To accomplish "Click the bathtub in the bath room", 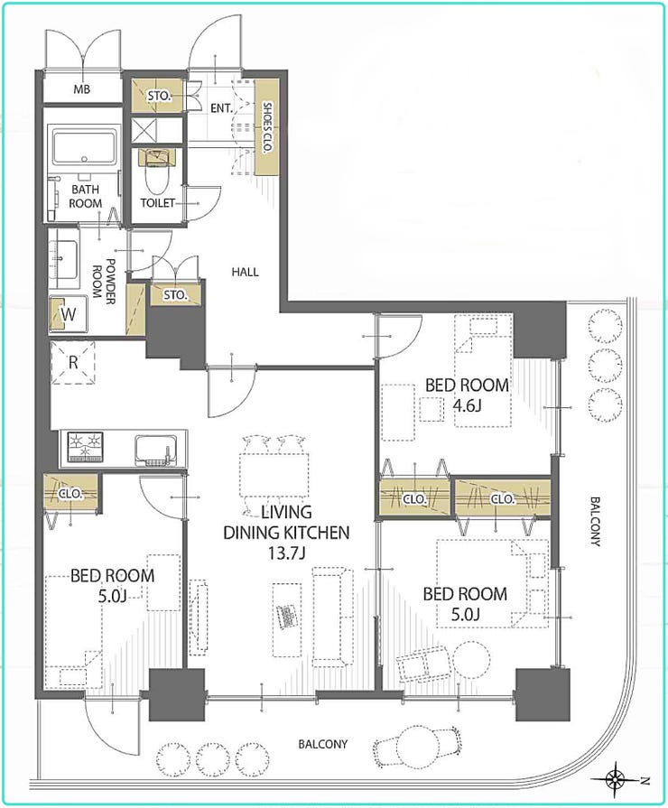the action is tap(85, 147).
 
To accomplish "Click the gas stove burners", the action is tap(85, 447).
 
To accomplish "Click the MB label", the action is tap(81, 89).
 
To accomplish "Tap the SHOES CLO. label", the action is tap(267, 126).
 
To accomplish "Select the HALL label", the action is tap(245, 272).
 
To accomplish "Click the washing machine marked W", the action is tap(68, 314).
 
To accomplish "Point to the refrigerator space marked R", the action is tap(73, 363).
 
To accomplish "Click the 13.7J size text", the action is tap(286, 553).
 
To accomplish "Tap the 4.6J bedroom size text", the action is tap(467, 405).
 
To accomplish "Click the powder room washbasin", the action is tap(64, 259).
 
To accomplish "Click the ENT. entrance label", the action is tap(222, 108).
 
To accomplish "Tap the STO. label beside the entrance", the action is tap(159, 96).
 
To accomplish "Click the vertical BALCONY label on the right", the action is tap(595, 522).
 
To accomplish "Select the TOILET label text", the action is tap(158, 203).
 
